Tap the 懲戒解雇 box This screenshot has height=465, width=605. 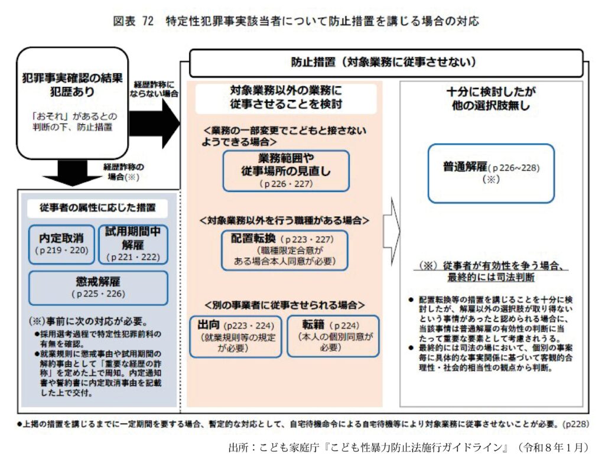97,287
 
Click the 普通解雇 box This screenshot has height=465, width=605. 492,172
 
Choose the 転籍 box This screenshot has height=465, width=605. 333,336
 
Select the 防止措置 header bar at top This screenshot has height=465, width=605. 384,62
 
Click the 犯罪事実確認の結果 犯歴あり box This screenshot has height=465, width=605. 73,101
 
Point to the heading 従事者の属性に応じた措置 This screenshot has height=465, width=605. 98,207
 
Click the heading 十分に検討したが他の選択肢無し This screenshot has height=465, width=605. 492,99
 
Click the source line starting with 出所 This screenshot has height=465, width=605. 408,447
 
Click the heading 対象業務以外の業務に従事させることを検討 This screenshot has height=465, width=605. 286,97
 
